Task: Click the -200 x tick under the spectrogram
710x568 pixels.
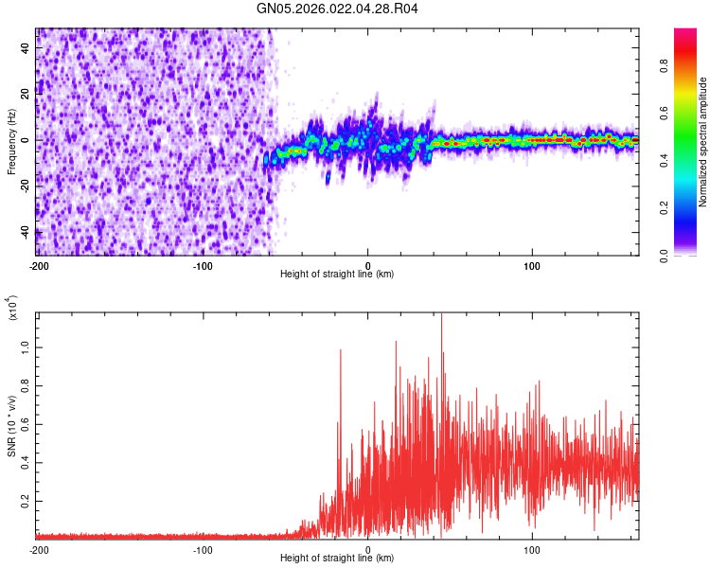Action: click(x=39, y=265)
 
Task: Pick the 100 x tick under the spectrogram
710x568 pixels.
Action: click(x=532, y=265)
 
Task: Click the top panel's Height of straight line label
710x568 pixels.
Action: click(x=337, y=275)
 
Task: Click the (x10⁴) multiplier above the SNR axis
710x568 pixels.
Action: click(x=11, y=308)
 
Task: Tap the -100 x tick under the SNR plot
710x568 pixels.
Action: click(x=203, y=549)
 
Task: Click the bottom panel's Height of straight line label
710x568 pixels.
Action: click(x=337, y=559)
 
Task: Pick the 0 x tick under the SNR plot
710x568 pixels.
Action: click(x=368, y=549)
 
